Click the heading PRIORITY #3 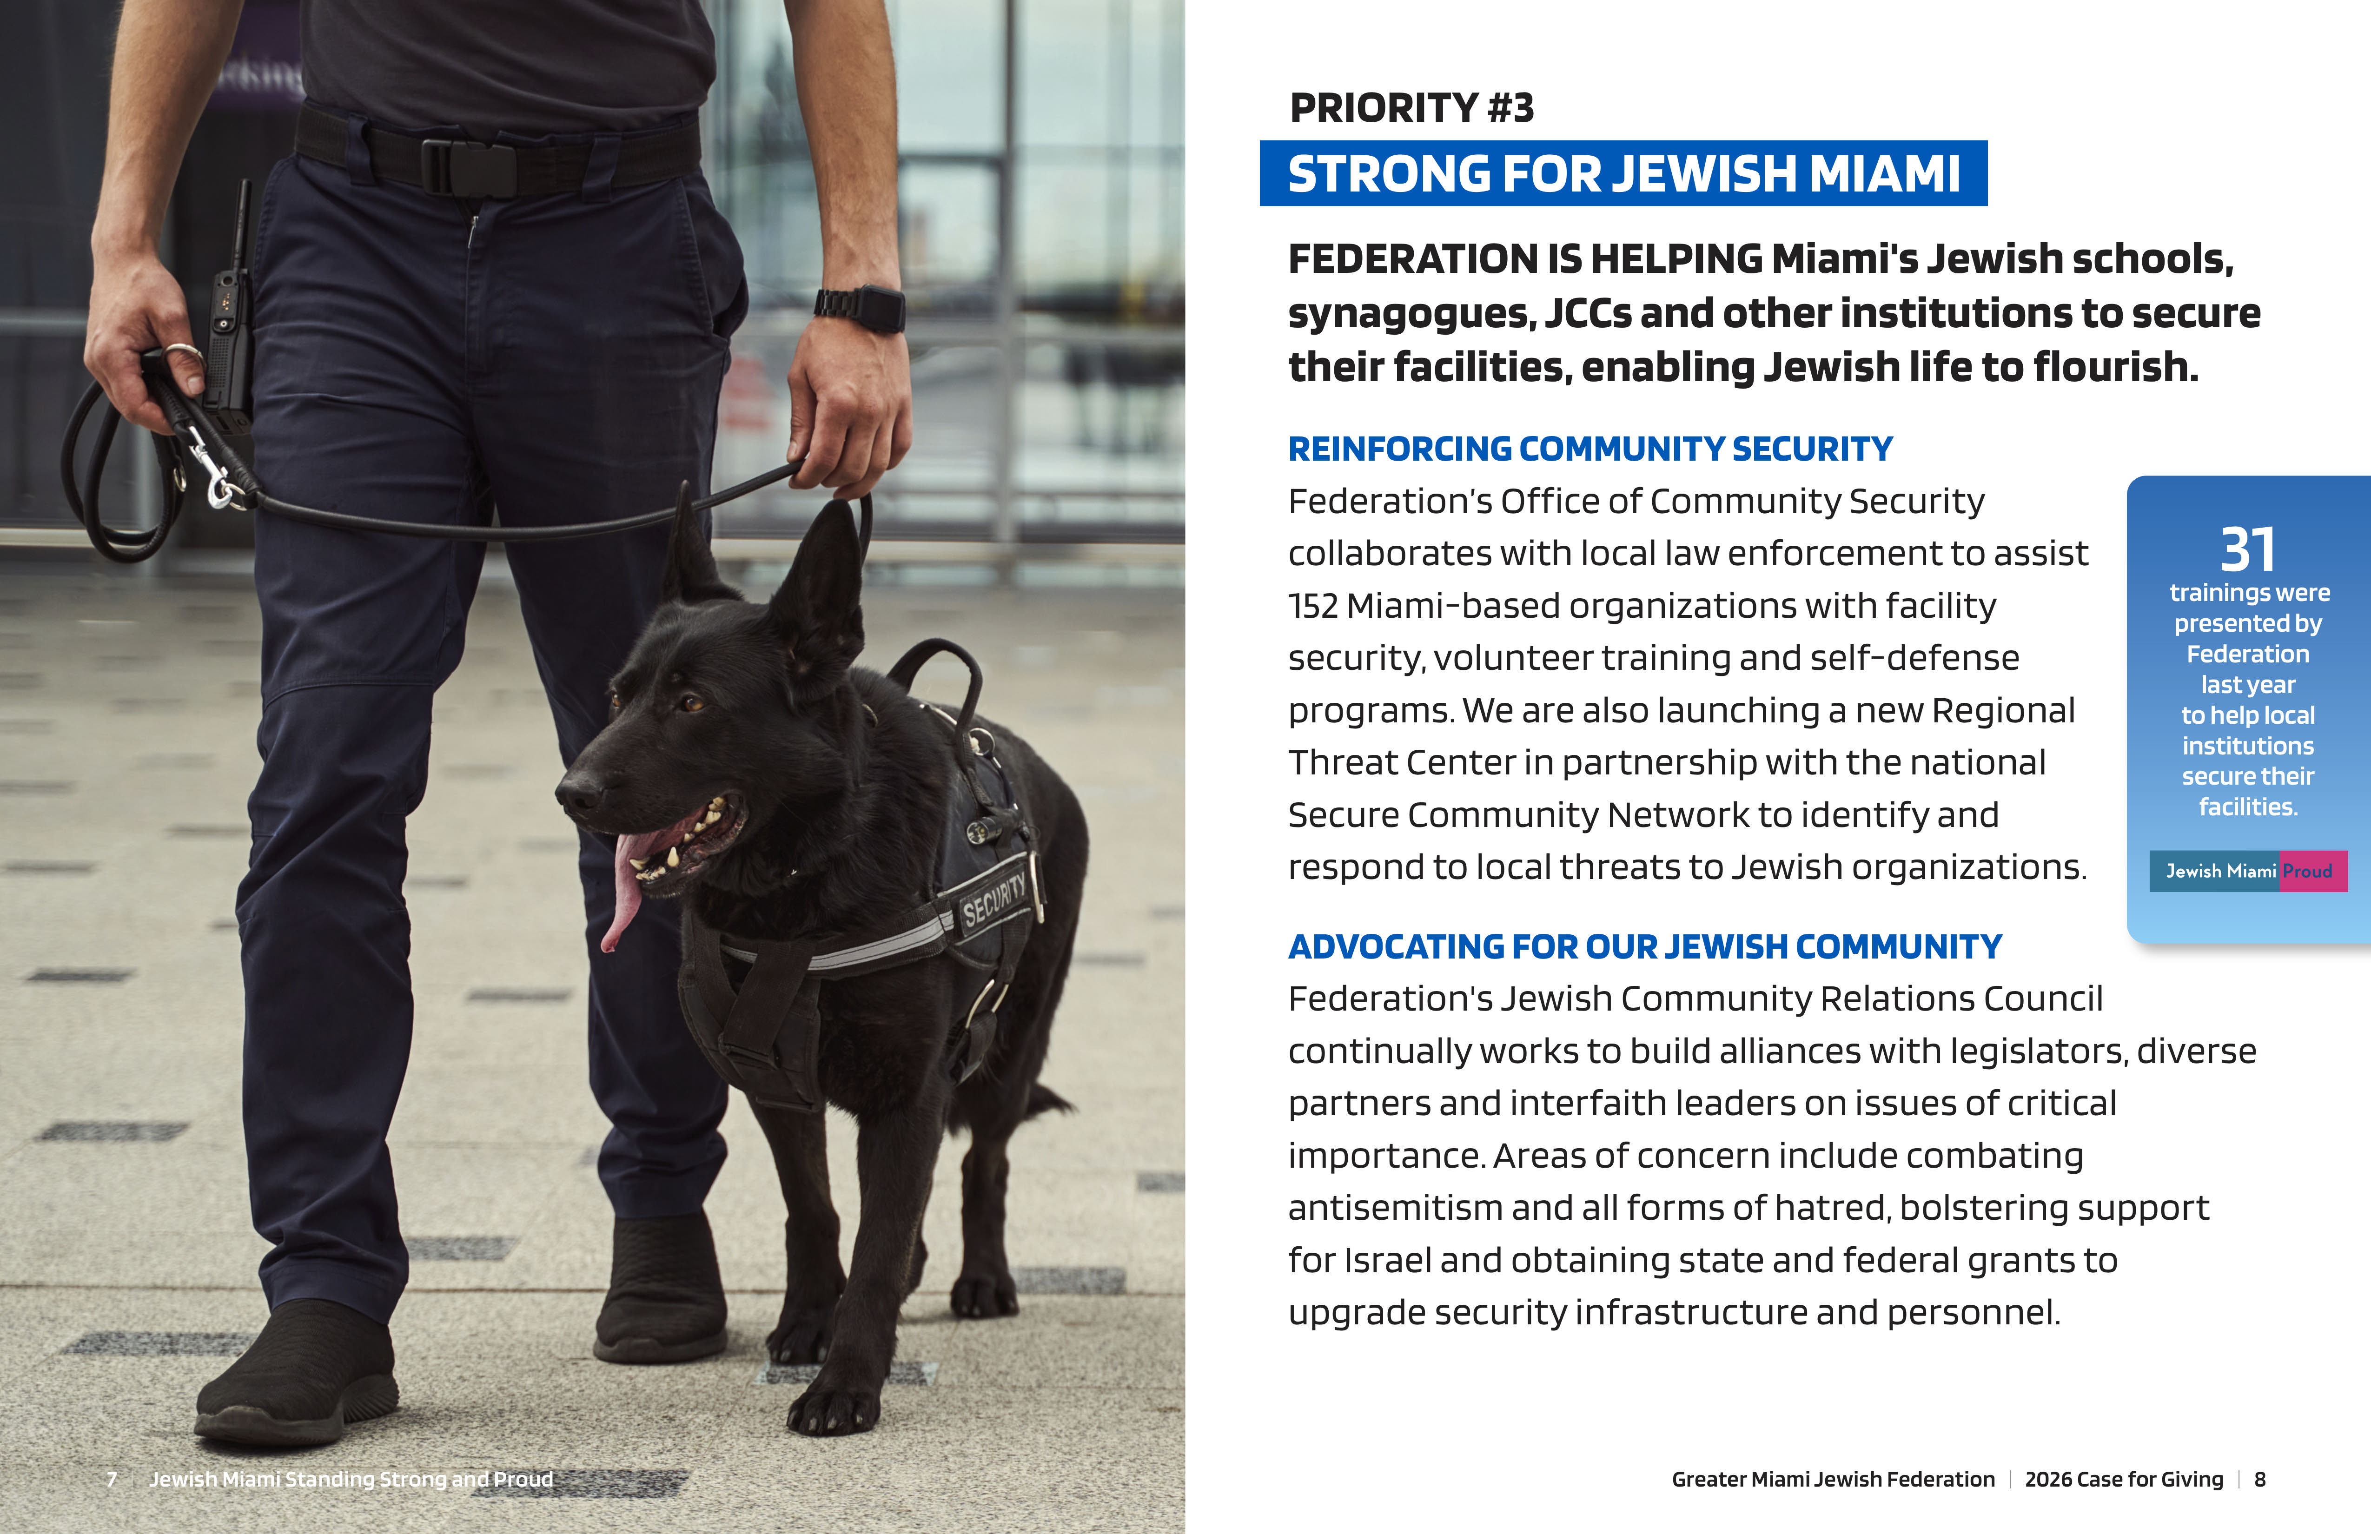point(1411,107)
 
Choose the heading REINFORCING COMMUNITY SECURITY point(1590,449)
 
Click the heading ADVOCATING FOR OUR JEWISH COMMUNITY point(1645,946)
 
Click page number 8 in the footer point(2259,1479)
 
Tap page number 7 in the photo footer point(112,1479)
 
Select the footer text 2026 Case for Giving point(2124,1479)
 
